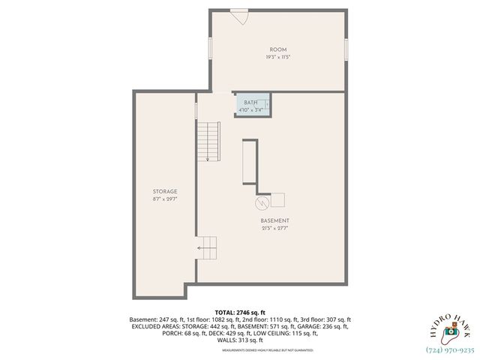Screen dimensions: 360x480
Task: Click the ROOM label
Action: pos(278,49)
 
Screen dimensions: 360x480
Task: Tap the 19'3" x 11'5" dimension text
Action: pos(278,57)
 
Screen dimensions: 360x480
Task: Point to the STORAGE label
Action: pos(165,192)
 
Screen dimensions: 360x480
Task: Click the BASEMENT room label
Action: pos(275,220)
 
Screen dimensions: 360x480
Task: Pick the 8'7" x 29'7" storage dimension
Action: pos(165,199)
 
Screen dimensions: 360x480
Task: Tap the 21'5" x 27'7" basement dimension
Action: pos(275,228)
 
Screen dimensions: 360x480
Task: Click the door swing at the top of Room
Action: pos(239,16)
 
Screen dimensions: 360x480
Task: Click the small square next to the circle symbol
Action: pos(277,199)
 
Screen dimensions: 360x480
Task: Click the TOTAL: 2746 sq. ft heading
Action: pos(240,312)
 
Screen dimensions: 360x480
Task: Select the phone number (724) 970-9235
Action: pos(450,349)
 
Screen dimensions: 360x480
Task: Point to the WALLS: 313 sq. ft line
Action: pos(240,340)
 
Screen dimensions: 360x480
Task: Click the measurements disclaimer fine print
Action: pos(240,349)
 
